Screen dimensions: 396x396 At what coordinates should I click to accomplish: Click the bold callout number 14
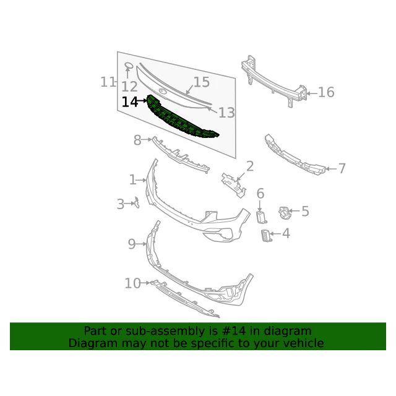(x=130, y=102)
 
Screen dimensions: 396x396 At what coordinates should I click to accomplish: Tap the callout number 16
(x=326, y=92)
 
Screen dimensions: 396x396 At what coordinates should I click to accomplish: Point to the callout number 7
(x=342, y=168)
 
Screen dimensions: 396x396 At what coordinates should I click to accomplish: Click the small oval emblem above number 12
(x=129, y=66)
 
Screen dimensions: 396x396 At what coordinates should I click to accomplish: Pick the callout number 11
(x=108, y=82)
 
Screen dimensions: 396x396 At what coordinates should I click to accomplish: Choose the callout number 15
(x=202, y=82)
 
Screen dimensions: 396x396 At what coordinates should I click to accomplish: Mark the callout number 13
(x=226, y=113)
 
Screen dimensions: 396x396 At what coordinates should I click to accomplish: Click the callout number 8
(x=137, y=140)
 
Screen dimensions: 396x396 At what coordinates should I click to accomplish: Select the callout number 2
(x=250, y=166)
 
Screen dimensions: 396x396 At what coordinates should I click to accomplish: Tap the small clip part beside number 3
(x=137, y=203)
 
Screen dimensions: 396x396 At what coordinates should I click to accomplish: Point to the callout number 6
(x=260, y=194)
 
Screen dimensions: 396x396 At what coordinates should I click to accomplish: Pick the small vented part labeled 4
(x=265, y=236)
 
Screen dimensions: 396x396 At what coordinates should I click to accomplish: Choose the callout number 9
(x=132, y=244)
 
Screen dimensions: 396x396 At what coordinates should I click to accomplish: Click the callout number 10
(x=132, y=283)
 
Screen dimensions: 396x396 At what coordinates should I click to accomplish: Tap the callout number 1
(x=132, y=180)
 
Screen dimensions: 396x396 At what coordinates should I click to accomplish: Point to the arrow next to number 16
(x=312, y=93)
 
